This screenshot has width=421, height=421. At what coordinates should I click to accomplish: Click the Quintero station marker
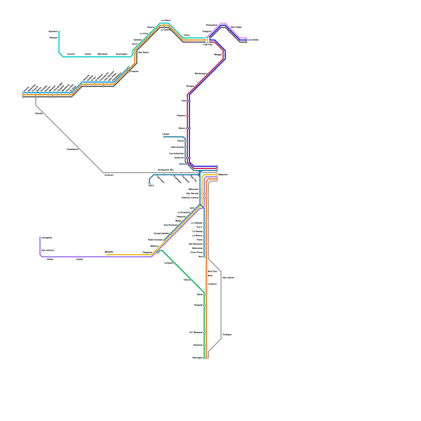pyautogui.click(x=59, y=32)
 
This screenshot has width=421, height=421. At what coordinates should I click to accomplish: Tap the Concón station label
pyautogui.click(x=71, y=54)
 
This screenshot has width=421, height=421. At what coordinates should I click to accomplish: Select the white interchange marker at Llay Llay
pyautogui.click(x=207, y=40)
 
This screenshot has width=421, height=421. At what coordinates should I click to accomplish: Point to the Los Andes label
pyautogui.click(x=253, y=40)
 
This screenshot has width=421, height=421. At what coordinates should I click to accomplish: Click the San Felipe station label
pyautogui.click(x=236, y=27)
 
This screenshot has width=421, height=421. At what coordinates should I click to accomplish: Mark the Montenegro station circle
pyautogui.click(x=208, y=74)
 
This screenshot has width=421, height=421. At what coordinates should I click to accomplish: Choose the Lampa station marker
pyautogui.click(x=164, y=137)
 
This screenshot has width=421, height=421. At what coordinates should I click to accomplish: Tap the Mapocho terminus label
pyautogui.click(x=223, y=175)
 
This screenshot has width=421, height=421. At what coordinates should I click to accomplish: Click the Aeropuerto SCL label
pyautogui.click(x=166, y=170)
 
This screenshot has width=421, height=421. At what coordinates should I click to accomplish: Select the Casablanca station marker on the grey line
pyautogui.click(x=80, y=149)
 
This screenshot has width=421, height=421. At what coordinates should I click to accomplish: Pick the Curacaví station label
pyautogui.click(x=109, y=175)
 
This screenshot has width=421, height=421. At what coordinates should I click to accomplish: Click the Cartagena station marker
pyautogui.click(x=40, y=238)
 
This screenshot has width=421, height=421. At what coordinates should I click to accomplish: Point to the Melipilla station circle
pyautogui.click(x=107, y=255)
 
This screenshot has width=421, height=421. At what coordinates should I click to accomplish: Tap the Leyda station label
pyautogui.click(x=79, y=259)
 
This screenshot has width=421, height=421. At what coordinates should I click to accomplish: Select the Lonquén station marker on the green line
pyautogui.click(x=175, y=263)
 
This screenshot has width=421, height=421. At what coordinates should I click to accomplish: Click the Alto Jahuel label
pyautogui.click(x=228, y=278)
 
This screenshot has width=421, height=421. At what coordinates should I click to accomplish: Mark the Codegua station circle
pyautogui.click(x=221, y=335)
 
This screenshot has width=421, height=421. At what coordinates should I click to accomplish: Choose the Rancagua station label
pyautogui.click(x=197, y=358)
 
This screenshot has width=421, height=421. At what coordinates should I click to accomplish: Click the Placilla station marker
pyautogui.click(x=44, y=114)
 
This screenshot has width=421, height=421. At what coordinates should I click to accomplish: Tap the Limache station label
pyautogui.click(x=134, y=72)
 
